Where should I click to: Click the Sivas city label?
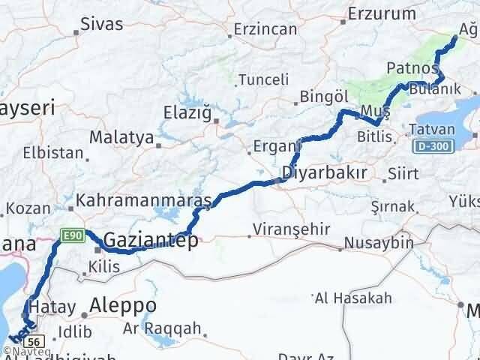click(x=101, y=23)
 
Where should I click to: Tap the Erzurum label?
click(x=382, y=13)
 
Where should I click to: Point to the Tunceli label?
click(x=263, y=79)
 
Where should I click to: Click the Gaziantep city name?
click(x=151, y=241)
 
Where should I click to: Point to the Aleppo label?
click(x=123, y=305)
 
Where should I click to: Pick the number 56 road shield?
click(x=39, y=339)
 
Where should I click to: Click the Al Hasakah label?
click(x=353, y=298)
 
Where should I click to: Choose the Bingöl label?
click(x=325, y=96)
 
